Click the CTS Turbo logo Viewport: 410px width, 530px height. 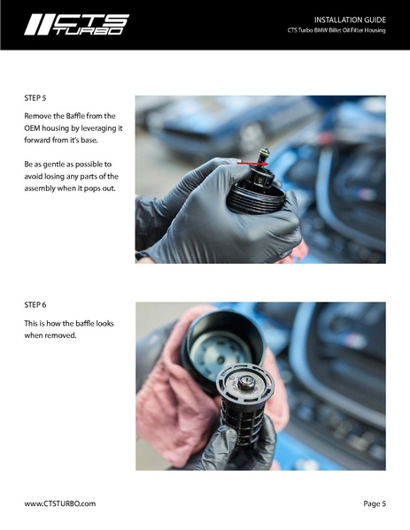click(76, 25)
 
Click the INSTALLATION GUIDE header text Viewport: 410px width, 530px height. click(350, 20)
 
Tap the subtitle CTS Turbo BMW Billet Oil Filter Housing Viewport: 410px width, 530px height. click(337, 30)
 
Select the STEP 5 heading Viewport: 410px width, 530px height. click(35, 98)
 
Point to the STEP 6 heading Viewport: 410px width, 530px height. click(35, 305)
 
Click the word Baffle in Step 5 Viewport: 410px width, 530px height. click(75, 116)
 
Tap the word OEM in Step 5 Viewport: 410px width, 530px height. click(32, 128)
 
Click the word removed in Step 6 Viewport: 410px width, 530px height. click(63, 335)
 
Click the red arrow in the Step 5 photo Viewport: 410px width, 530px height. click(252, 164)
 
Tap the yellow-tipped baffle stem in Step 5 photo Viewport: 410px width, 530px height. click(263, 156)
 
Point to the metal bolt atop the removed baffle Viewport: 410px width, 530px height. click(246, 382)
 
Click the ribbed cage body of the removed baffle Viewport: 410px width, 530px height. click(242, 422)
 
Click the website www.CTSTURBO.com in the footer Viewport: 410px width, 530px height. click(60, 503)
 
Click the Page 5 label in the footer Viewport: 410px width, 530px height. click(375, 503)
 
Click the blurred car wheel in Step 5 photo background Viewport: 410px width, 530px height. click(251, 137)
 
